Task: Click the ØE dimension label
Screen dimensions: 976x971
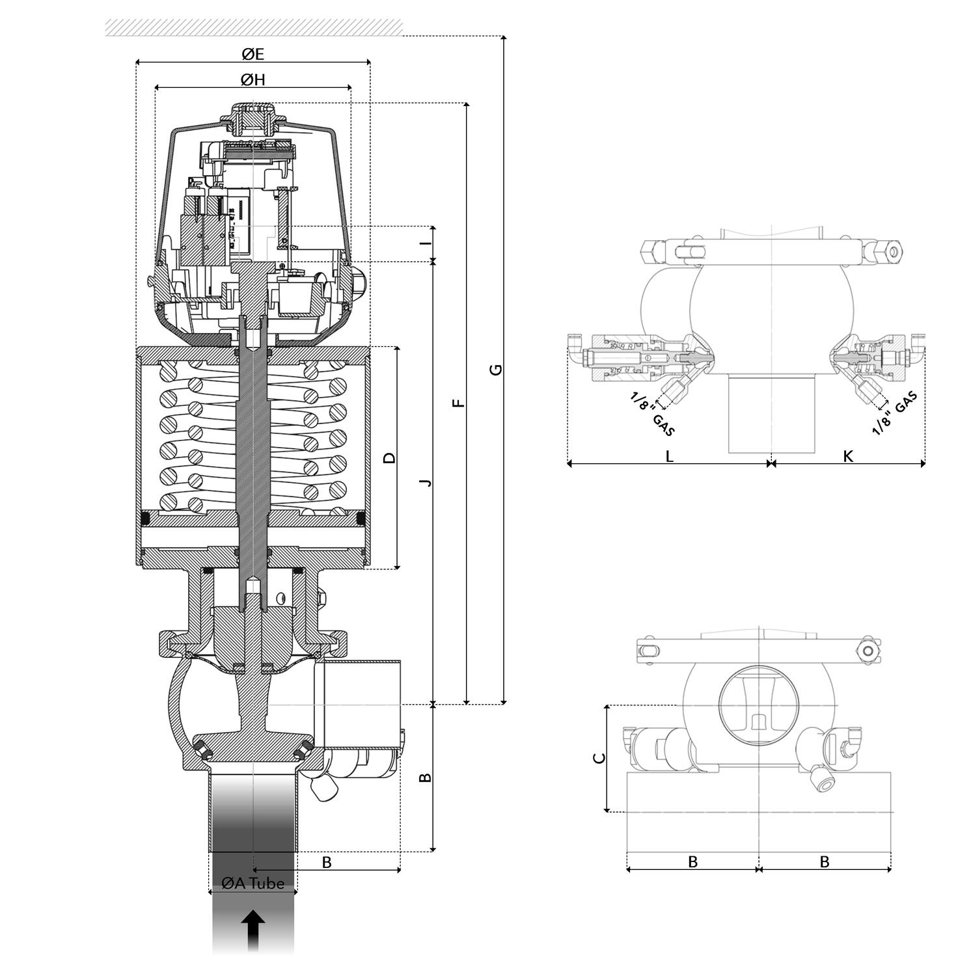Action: [253, 54]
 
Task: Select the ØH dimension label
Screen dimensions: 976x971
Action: [253, 80]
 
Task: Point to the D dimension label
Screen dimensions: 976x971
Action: [389, 457]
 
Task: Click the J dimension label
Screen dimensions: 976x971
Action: [426, 482]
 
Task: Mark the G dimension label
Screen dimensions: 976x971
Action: [496, 370]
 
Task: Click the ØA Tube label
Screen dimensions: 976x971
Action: [253, 883]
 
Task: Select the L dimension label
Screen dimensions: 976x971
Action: [669, 456]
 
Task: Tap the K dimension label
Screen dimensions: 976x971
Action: [847, 456]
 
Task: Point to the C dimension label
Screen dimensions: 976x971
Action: [600, 758]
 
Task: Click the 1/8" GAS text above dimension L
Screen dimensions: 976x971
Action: [652, 414]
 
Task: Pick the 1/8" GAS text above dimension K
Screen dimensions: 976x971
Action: [895, 413]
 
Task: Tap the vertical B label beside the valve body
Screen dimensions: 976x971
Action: [424, 778]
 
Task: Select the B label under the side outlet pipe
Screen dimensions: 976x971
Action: [327, 862]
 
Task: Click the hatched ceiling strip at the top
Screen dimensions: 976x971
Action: [254, 27]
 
